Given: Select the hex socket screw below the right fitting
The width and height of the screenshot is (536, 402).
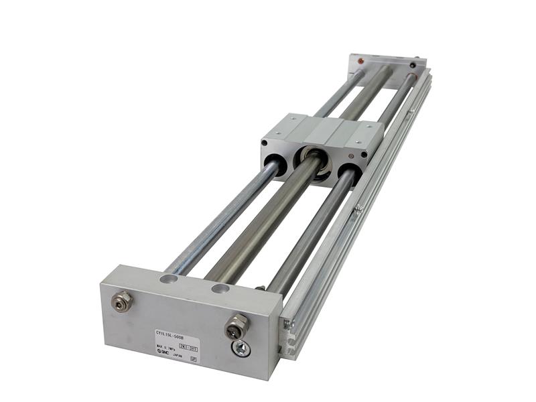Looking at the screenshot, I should click(x=241, y=348).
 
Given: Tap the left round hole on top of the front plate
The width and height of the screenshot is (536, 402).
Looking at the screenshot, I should click(x=170, y=278).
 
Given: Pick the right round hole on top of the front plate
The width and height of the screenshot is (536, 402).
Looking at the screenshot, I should click(x=220, y=289).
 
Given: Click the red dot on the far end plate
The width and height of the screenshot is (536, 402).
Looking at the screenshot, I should click(x=361, y=61).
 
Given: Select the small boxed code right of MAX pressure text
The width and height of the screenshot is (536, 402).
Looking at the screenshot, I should click(x=188, y=347).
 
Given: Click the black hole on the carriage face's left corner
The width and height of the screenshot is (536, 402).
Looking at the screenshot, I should click(x=266, y=142).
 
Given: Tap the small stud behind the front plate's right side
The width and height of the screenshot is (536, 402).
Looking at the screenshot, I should click(x=260, y=289).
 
